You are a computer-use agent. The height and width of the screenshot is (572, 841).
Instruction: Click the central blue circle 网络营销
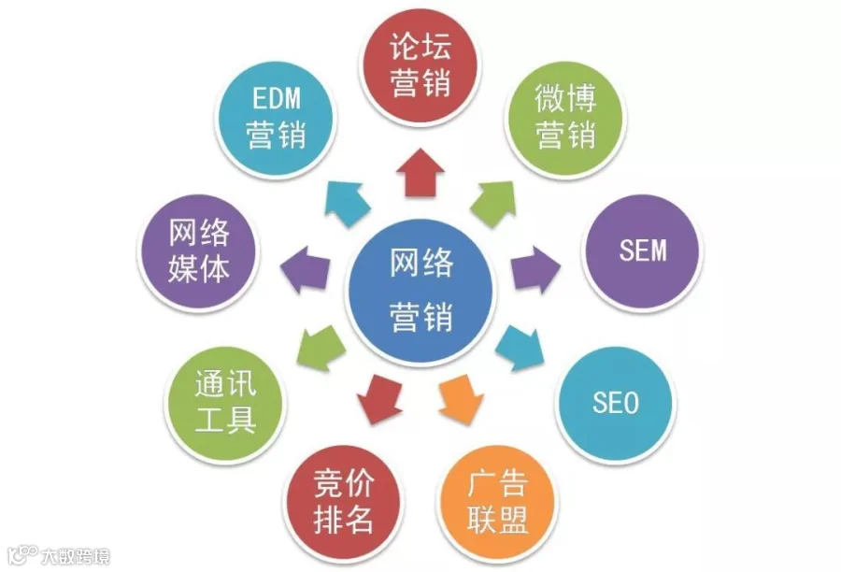pos(421,291)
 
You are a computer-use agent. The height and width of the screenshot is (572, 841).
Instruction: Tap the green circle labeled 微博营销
pos(565,116)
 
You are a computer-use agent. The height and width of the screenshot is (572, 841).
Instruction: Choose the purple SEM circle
pos(645,251)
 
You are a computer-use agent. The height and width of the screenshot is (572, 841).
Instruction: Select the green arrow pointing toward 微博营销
pos(492,202)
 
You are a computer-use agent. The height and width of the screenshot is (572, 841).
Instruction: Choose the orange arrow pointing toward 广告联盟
pos(461,398)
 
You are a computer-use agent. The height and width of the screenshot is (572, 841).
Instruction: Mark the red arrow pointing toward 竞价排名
pos(379,398)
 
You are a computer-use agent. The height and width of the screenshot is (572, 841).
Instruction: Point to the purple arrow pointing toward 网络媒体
pos(306,271)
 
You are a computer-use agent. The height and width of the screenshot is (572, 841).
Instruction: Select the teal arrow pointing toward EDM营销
pos(349,201)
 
